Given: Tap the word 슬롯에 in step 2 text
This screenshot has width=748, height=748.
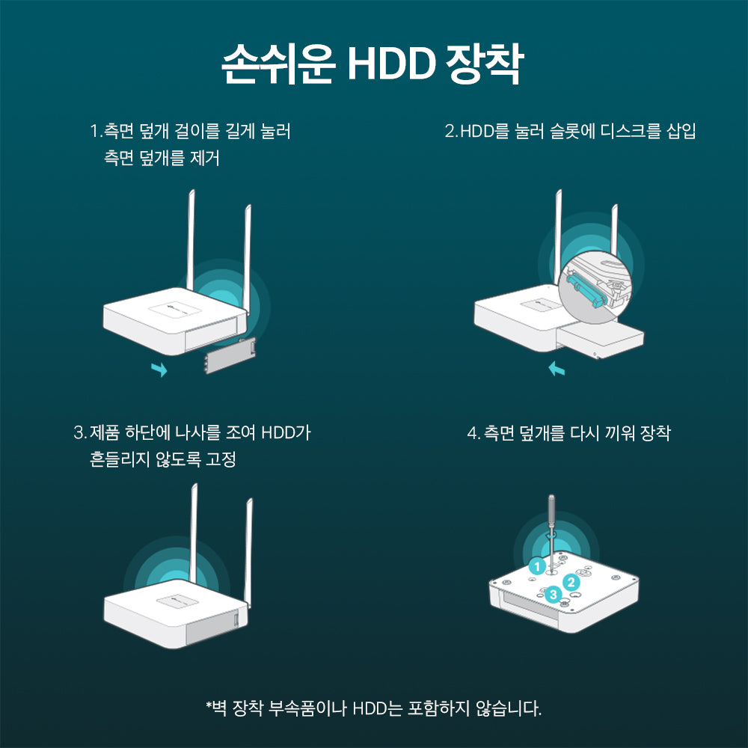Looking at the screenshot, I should (571, 132).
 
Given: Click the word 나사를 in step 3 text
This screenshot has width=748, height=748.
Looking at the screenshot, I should (194, 432).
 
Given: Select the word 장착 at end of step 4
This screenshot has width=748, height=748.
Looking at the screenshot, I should (656, 433).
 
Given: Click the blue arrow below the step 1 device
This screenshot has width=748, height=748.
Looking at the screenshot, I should (159, 369).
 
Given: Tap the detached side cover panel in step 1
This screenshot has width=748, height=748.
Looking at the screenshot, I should (229, 355).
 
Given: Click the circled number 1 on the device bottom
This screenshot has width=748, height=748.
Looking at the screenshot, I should (536, 566).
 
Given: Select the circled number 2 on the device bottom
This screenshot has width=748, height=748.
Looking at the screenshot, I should (570, 581).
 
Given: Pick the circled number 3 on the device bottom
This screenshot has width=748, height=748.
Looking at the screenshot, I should (553, 595).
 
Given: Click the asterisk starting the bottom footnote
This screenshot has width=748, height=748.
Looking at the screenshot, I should (209, 706).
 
